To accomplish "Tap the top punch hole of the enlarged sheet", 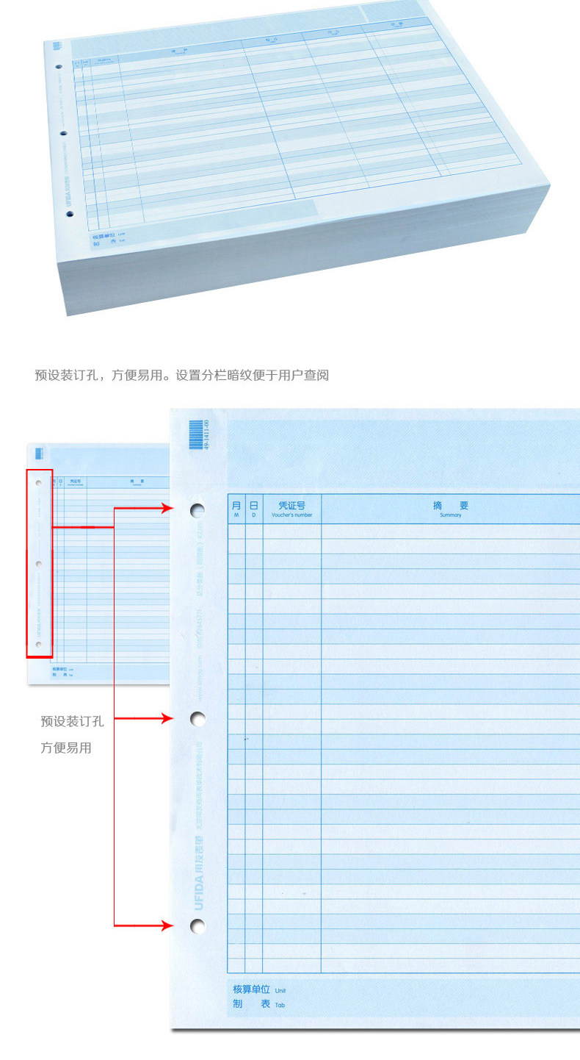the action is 197,509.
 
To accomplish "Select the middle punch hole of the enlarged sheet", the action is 197,718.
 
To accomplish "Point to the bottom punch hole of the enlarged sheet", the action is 197,925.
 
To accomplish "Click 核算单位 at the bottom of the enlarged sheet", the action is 252,989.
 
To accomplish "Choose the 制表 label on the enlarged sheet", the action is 252,1004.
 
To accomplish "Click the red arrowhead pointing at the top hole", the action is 167,508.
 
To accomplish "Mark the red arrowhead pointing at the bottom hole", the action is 167,925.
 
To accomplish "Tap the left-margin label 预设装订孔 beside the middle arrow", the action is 72,722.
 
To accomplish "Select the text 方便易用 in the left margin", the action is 66,748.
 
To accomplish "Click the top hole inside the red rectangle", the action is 39,484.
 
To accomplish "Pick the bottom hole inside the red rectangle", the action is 39,644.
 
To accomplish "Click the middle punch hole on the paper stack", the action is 63,134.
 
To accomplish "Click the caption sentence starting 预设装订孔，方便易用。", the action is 181,375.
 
